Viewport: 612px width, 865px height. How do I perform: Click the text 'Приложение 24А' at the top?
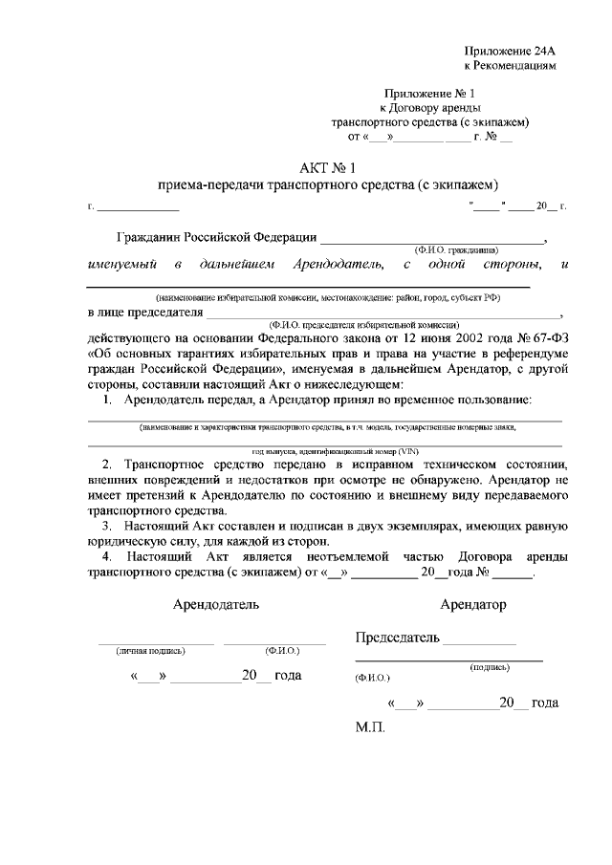[509, 51]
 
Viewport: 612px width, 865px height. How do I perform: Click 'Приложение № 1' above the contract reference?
[429, 94]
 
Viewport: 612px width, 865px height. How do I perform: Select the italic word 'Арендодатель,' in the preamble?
[325, 263]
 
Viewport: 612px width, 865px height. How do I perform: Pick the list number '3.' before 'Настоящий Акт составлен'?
[108, 527]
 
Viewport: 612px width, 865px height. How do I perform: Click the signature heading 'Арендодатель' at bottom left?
[215, 605]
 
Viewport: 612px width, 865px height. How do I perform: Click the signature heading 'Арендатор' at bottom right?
[473, 605]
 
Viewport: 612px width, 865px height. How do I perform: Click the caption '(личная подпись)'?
[150, 651]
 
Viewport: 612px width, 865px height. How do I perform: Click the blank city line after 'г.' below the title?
[138, 207]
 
